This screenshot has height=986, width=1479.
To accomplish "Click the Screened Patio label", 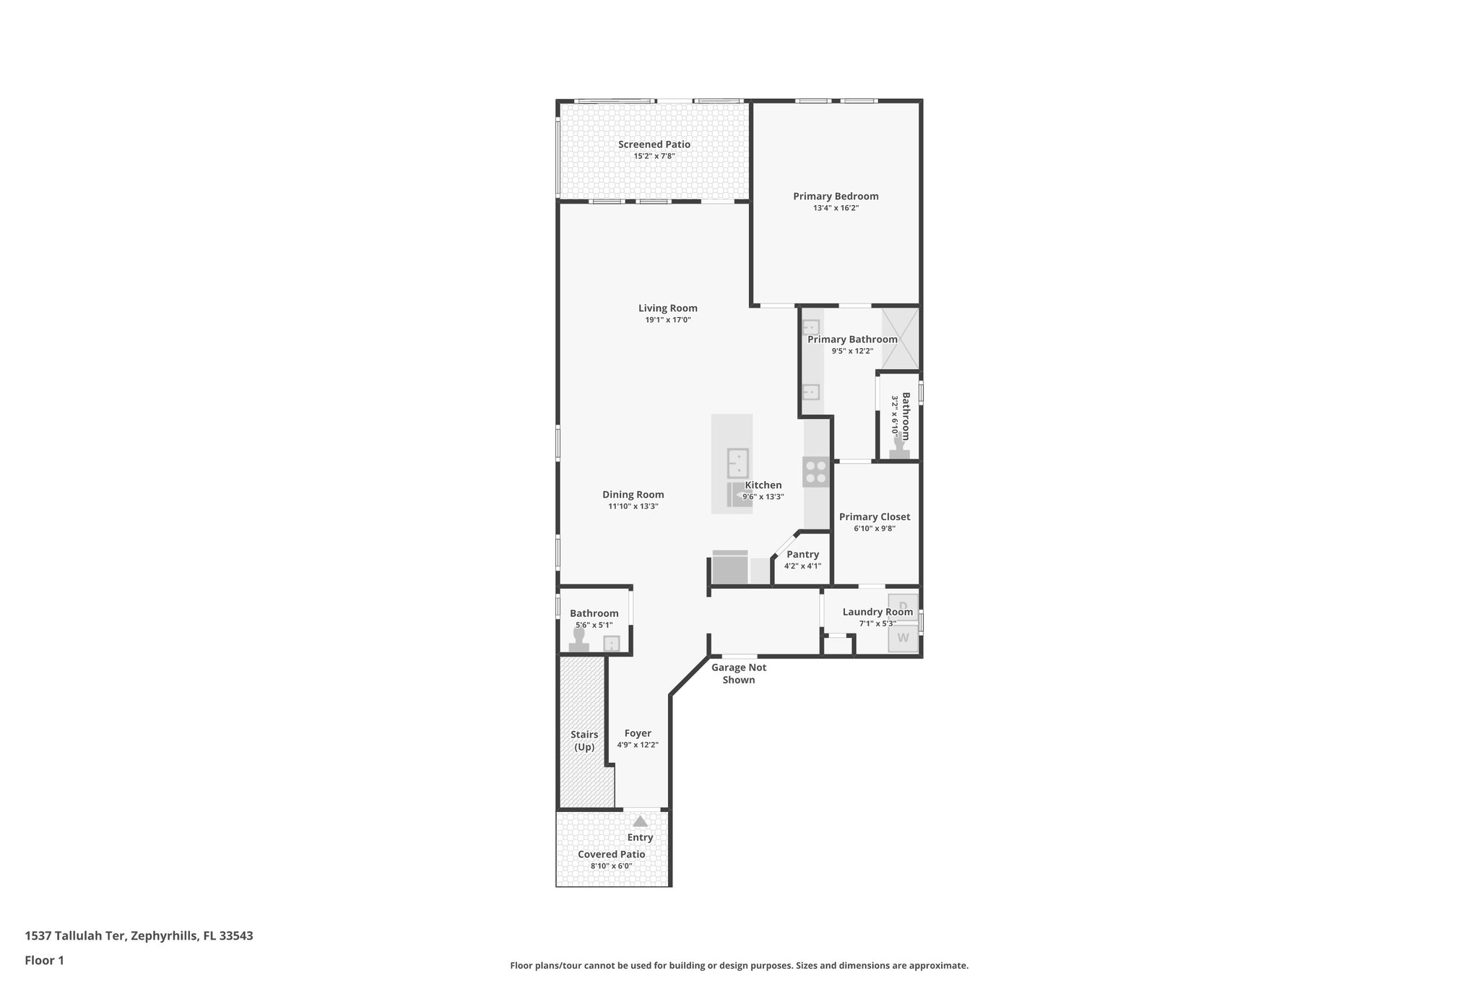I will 654,144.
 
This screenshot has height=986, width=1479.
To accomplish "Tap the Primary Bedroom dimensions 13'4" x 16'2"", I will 836,208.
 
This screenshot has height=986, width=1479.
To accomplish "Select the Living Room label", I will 667,308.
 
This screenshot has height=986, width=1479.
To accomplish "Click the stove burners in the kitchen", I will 816,472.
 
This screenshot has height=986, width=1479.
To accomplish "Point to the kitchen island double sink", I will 737,463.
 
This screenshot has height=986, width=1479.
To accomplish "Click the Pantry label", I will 802,555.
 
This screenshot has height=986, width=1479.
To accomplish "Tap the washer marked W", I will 903,638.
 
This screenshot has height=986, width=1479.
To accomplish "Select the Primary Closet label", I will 874,517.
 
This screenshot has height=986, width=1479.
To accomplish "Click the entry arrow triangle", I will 640,821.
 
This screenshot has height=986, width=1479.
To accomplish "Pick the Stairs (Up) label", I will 584,740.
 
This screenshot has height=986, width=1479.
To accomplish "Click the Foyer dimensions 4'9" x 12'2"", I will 638,745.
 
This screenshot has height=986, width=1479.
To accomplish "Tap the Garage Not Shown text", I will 738,673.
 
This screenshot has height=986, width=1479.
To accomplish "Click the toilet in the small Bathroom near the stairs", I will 578,640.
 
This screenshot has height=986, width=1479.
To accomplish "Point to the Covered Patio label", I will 611,855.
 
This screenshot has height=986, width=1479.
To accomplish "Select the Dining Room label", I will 633,495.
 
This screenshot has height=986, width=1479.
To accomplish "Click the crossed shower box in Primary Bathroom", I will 900,338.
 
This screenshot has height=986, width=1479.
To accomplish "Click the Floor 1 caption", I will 44,961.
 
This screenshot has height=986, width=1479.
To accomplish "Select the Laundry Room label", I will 877,613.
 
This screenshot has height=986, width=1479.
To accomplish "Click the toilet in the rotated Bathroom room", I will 899,448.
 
